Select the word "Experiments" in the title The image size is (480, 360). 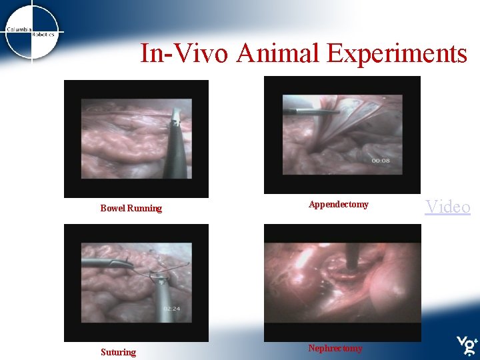[396, 53]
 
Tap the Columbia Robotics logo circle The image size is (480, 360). [31, 31]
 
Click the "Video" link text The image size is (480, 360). [448, 207]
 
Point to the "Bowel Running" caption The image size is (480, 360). [131, 209]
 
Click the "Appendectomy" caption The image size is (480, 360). [339, 205]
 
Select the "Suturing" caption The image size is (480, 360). [118, 352]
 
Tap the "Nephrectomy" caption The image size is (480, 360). [335, 348]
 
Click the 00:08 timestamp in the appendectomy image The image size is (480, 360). [381, 161]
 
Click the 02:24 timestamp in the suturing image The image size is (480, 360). [171, 309]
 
